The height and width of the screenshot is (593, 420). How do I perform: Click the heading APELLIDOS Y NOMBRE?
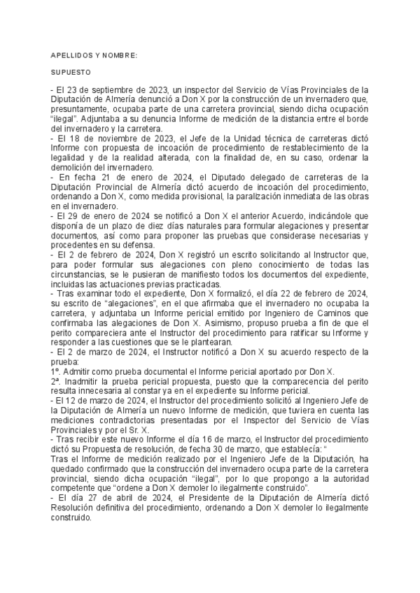[x=94, y=55]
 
